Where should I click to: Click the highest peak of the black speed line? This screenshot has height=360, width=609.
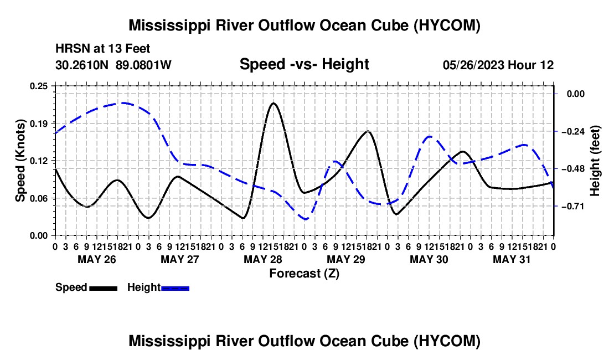click(273, 104)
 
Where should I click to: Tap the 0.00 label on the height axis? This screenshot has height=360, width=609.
click(576, 94)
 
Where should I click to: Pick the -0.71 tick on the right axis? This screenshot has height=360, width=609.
click(573, 206)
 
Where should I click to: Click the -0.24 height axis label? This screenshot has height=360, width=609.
click(573, 131)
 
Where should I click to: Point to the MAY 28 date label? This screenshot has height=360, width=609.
click(263, 259)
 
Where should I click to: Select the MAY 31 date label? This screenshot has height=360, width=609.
click(512, 259)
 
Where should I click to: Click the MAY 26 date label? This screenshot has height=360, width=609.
click(97, 259)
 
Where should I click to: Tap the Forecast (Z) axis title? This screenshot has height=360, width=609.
click(304, 274)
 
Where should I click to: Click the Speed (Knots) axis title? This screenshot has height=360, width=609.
click(20, 161)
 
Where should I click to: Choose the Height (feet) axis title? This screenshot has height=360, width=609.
click(595, 161)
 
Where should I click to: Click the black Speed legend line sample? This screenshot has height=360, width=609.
click(104, 288)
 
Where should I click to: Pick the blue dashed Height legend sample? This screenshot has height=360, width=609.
click(175, 288)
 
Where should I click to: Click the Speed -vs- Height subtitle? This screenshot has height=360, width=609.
click(304, 64)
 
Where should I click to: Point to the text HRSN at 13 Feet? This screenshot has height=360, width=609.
click(102, 49)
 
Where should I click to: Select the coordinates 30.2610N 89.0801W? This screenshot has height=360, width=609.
click(113, 65)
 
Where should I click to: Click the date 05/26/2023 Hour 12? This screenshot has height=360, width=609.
click(498, 65)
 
